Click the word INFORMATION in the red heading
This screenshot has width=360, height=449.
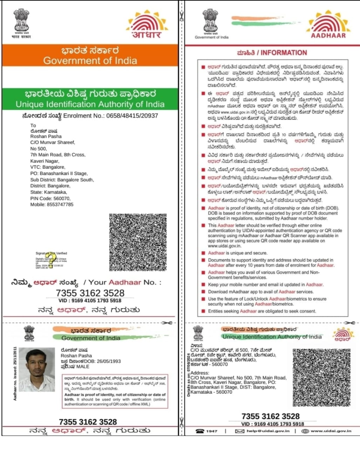tap(284, 53)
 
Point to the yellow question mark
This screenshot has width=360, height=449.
tap(51, 259)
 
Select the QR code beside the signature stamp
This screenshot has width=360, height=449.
tap(138, 242)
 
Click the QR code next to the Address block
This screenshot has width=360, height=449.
tap(321, 377)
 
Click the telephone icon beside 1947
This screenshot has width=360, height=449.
tap(200, 431)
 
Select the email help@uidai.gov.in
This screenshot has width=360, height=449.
tap(268, 431)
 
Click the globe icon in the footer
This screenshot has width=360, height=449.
tap(305, 431)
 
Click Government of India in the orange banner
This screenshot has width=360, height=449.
tap(90, 60)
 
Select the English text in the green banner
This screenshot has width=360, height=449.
tap(90, 104)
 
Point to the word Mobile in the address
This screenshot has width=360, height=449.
tap(38, 205)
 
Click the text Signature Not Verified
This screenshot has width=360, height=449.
tap(51, 253)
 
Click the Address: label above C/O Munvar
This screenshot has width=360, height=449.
tap(200, 373)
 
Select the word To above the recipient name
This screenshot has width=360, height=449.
tap(33, 125)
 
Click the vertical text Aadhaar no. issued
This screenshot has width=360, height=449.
tap(15, 374)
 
